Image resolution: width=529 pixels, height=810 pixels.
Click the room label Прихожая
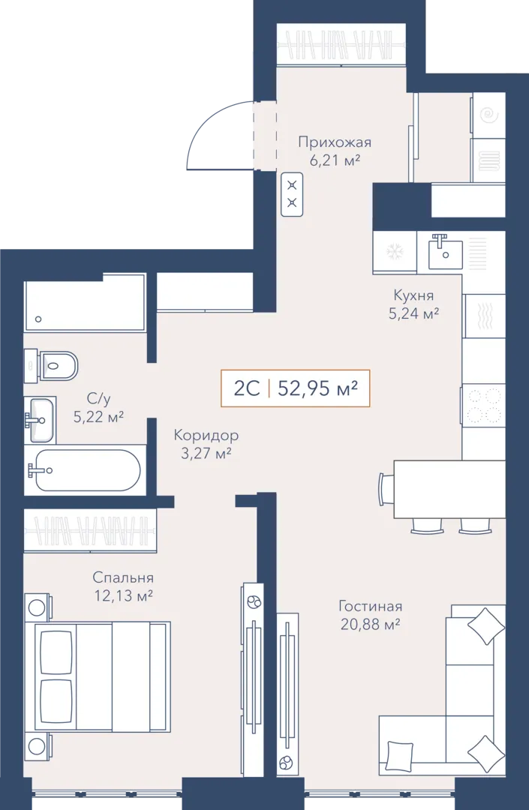click(x=335, y=142)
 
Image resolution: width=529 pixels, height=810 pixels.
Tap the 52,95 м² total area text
click(x=317, y=388)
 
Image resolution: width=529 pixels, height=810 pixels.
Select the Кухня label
click(x=413, y=295)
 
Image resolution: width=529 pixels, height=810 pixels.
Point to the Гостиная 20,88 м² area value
click(x=370, y=625)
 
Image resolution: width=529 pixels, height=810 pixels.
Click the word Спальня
click(x=123, y=577)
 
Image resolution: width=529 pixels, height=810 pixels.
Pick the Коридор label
click(x=206, y=435)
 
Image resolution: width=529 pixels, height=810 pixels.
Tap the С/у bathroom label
click(x=98, y=398)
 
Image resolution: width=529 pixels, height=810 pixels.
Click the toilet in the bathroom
click(x=52, y=366)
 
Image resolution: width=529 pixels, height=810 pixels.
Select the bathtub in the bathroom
click(x=84, y=469)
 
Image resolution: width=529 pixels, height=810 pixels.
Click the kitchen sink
click(x=445, y=251)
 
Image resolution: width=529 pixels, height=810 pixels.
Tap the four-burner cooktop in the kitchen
click(x=483, y=405)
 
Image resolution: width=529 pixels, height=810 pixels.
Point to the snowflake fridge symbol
click(x=395, y=251)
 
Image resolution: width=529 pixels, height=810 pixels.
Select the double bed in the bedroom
click(x=98, y=676)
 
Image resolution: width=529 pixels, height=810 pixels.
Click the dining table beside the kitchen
click(x=449, y=489)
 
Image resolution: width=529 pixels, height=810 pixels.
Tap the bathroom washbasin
click(x=41, y=420)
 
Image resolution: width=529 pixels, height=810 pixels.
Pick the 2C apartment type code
click(x=247, y=388)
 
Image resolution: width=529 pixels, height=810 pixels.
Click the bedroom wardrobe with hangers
click(x=90, y=531)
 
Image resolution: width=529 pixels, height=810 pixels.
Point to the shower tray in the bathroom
click(x=85, y=302)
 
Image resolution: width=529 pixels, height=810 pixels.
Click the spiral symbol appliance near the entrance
click(x=488, y=115)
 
